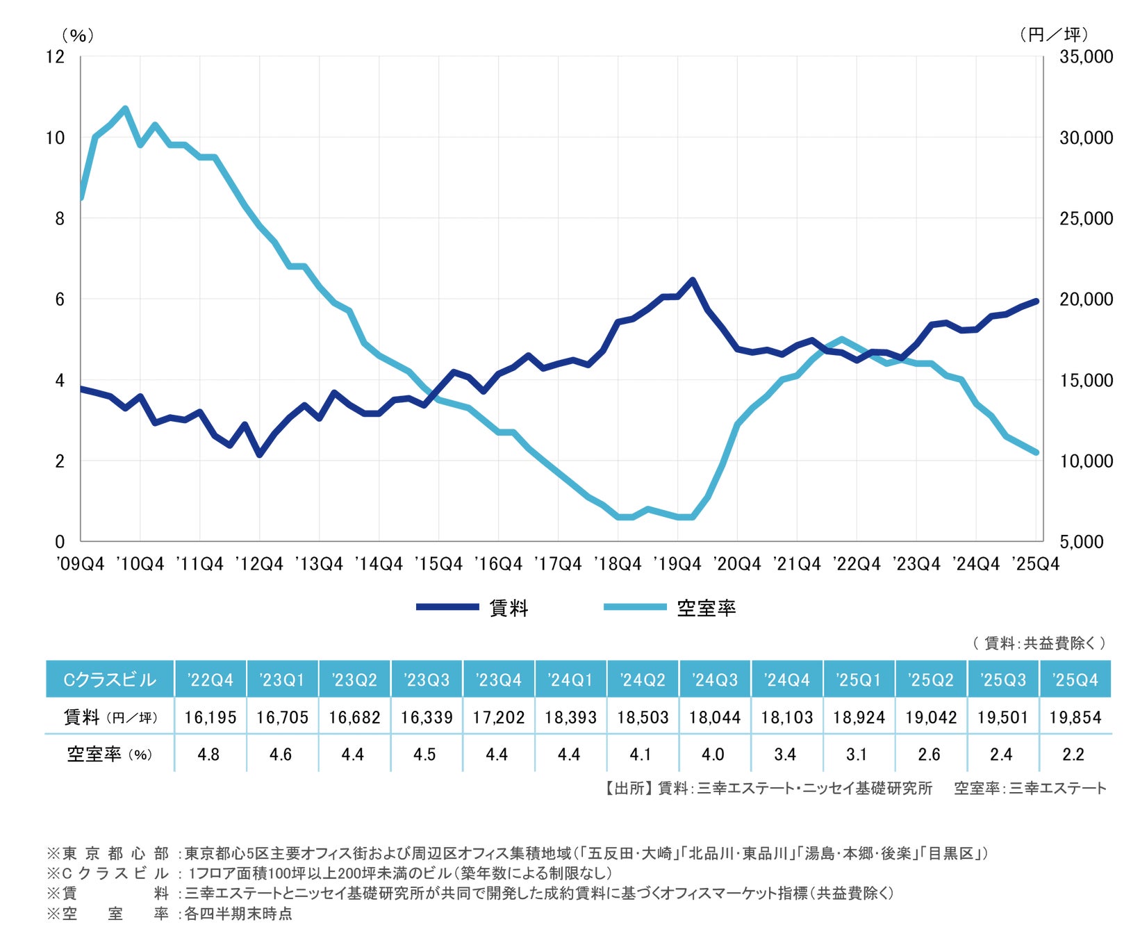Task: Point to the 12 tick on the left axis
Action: (x=55, y=56)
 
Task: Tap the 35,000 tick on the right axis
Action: (x=1087, y=56)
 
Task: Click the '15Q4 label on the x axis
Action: (x=438, y=564)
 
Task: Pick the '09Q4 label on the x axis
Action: (x=81, y=564)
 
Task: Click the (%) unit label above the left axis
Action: (x=77, y=35)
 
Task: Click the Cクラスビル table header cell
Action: (x=110, y=680)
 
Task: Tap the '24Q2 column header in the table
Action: (x=643, y=680)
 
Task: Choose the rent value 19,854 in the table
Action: (x=1075, y=717)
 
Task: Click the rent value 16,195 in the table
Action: (x=210, y=717)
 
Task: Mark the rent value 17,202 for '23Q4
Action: (x=499, y=717)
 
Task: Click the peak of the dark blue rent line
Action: (x=692, y=280)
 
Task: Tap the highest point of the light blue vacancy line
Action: (x=125, y=108)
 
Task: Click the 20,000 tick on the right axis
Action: (x=1087, y=299)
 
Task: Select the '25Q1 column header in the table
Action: (x=859, y=680)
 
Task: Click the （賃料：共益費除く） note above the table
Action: (x=1039, y=643)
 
